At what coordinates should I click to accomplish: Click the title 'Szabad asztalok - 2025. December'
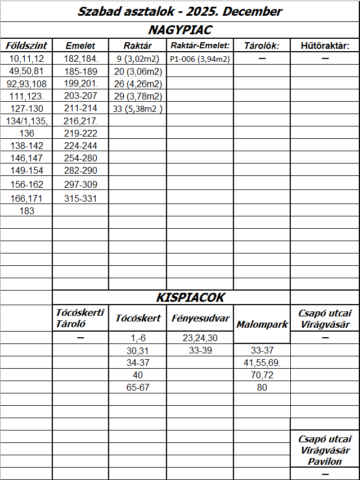(180, 11)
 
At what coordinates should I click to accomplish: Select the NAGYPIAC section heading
(180, 30)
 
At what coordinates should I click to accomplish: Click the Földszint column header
(26, 46)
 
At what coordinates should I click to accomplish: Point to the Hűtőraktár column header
(325, 46)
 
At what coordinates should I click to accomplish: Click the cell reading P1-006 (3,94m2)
(200, 58)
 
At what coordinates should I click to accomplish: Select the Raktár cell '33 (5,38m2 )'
(137, 109)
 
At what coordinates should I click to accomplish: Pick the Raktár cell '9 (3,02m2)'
(137, 58)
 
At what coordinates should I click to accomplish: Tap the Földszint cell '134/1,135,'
(26, 121)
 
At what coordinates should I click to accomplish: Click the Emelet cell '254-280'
(80, 159)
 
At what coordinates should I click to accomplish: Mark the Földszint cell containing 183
(26, 211)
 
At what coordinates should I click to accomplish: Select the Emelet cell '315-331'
(80, 198)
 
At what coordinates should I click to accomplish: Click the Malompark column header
(262, 325)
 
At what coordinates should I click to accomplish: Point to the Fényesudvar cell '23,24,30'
(200, 338)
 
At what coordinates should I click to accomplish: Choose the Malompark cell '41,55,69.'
(262, 363)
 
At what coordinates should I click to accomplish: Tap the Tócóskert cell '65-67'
(137, 387)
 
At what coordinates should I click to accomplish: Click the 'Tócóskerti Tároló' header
(80, 318)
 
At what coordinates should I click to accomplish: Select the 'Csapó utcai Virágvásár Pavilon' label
(325, 450)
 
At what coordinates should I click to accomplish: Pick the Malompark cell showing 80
(262, 387)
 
